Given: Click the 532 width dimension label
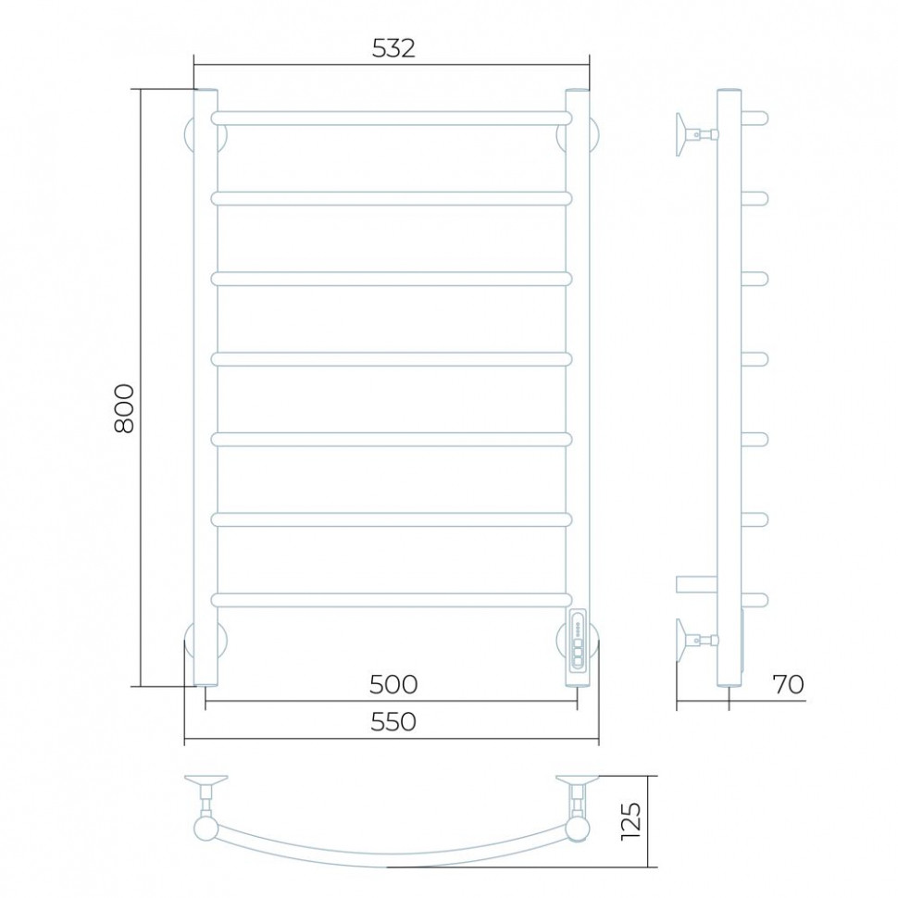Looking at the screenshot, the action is (x=393, y=49).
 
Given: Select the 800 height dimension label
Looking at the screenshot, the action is (x=124, y=407).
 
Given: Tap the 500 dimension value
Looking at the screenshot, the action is (x=393, y=684).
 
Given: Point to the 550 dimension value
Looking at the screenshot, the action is (x=393, y=721).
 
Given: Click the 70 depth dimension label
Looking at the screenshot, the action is (x=789, y=684).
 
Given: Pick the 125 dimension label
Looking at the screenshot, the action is (x=631, y=820).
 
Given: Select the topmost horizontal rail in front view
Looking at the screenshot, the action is (x=392, y=118).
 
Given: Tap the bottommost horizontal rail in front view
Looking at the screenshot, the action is (x=392, y=600).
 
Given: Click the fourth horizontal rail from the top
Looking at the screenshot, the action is (x=392, y=359).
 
